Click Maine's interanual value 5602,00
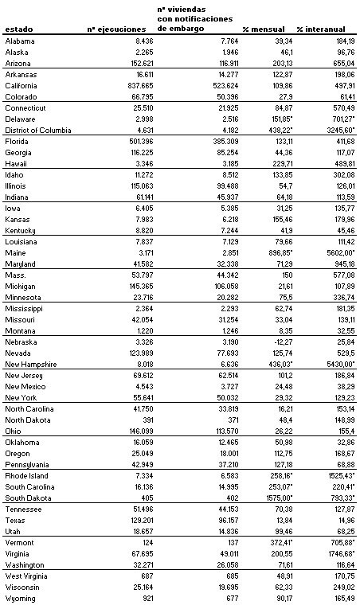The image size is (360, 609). pyautogui.click(x=338, y=252)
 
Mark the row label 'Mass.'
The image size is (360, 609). pyautogui.click(x=15, y=275)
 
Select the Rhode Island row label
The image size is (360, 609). pyautogui.click(x=27, y=475)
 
